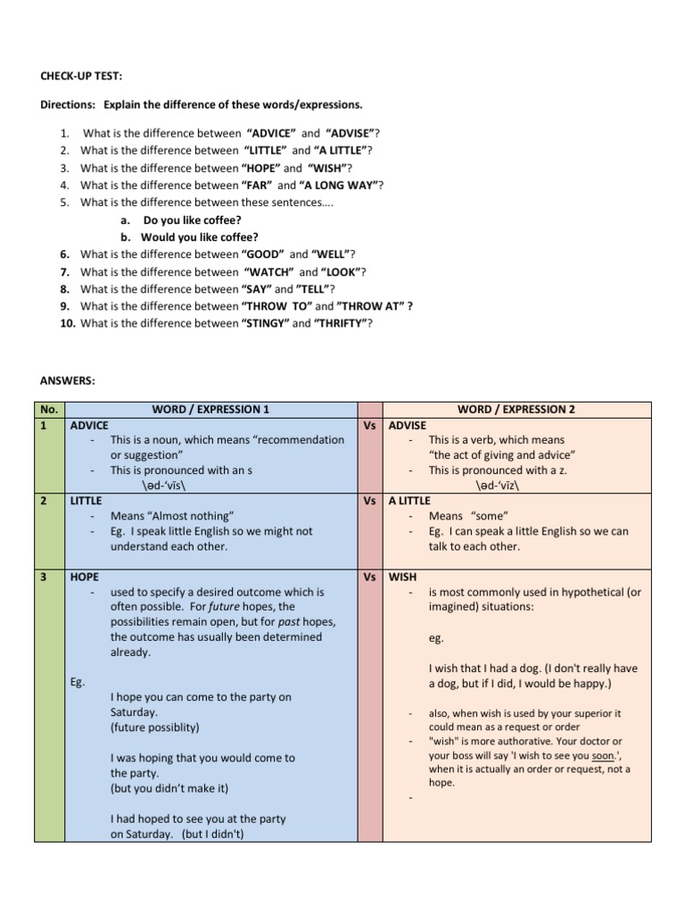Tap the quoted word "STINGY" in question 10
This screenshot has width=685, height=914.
coord(265,323)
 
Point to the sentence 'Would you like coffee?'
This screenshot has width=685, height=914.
coord(199,237)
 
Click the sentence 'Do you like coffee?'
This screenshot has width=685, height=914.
coord(192,220)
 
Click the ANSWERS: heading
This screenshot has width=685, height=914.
coord(68,381)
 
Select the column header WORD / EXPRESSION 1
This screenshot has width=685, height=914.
coord(210,410)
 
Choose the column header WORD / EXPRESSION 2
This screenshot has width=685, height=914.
coord(516,410)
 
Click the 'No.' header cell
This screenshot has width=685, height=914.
coord(48,410)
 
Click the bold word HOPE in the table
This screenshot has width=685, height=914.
coord(85,577)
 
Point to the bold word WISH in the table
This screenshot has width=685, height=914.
coord(403,577)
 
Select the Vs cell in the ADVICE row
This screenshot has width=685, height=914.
coord(369,425)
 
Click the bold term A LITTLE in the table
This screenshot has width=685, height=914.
coord(409,501)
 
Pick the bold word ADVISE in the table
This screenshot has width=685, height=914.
coord(408,425)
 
